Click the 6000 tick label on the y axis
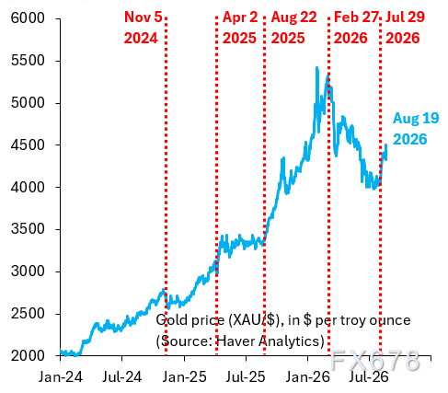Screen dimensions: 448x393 pos(28,18)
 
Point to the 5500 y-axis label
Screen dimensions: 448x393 pos(28,61)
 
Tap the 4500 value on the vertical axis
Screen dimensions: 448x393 pos(28,145)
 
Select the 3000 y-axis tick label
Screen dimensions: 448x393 pos(28,272)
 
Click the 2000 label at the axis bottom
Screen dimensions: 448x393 pos(28,356)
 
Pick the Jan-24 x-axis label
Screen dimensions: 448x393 pos(61,376)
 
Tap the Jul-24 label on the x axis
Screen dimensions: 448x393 pos(122,376)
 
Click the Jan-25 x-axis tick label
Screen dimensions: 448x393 pos(184,376)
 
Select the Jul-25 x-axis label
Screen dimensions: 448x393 pos(246,376)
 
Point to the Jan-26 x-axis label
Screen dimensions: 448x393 pos(308,376)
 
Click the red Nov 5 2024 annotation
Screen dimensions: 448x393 pos(143,28)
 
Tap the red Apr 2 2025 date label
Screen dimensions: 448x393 pos(240,28)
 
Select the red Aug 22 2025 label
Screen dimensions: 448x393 pos(293,28)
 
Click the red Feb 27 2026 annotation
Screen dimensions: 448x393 pos(356,28)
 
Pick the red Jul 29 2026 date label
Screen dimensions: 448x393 pos(405,28)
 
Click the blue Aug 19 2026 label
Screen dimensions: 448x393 pos(416,129)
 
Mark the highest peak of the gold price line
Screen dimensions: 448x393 pos(316,67)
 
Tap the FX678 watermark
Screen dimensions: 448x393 pos(375,360)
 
